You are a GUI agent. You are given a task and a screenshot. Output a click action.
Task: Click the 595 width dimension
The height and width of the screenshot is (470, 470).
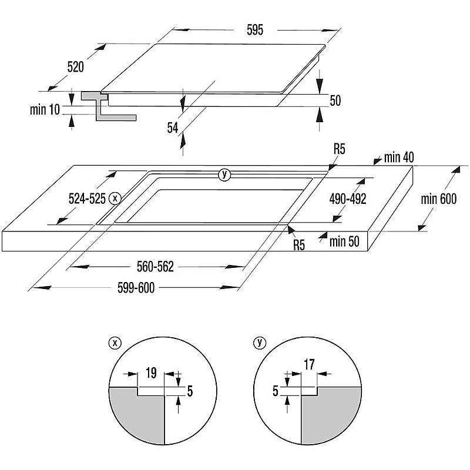(x=255, y=30)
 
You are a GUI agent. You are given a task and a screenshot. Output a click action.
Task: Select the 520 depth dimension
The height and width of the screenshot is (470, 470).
(x=76, y=66)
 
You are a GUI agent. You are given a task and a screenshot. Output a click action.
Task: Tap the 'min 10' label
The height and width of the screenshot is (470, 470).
(x=45, y=109)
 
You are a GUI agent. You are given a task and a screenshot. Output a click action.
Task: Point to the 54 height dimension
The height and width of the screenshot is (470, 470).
(x=173, y=127)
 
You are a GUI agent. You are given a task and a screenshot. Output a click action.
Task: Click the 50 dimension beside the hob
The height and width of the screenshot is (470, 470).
(x=335, y=100)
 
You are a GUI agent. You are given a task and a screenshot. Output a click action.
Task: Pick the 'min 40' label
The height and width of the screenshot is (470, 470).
(x=399, y=157)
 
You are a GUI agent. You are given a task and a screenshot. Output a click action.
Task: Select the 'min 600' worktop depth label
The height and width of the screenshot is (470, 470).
(x=438, y=199)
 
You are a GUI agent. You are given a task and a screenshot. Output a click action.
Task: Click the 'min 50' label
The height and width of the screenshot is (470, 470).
(x=344, y=241)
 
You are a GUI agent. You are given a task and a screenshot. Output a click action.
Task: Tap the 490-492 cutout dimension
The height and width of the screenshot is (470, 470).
(x=348, y=199)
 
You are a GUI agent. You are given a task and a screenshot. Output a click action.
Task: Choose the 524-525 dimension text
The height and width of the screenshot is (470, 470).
(x=87, y=199)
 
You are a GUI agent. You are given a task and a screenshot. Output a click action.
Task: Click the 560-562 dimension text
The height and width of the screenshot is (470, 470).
(x=155, y=267)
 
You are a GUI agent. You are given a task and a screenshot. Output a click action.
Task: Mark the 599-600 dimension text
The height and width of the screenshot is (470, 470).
(x=136, y=288)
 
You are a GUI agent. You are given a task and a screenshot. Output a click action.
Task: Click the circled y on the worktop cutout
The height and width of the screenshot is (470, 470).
(x=224, y=174)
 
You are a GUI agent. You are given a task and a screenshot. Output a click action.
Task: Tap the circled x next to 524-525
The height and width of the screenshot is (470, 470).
(x=115, y=198)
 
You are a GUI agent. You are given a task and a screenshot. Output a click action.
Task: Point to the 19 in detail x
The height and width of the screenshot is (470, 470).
(x=151, y=373)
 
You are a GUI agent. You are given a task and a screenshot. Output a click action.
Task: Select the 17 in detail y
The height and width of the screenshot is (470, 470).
(x=309, y=364)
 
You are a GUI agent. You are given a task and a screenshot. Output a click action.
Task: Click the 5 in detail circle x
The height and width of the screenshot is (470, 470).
(x=190, y=391)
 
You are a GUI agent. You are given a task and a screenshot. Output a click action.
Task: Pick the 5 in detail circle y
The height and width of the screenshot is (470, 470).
(x=276, y=391)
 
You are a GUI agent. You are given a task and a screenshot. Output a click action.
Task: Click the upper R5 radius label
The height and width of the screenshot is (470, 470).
(x=340, y=149)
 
